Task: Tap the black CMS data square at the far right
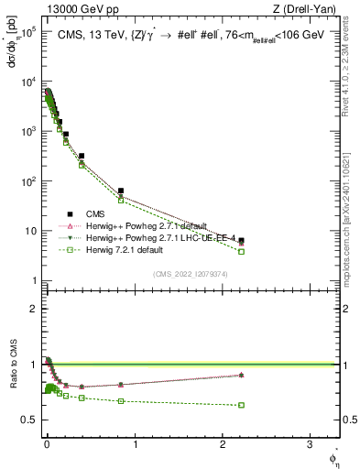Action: (x=241, y=241)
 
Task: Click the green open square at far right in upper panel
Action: (x=241, y=251)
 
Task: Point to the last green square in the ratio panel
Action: (x=241, y=405)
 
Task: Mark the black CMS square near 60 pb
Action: (x=121, y=191)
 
